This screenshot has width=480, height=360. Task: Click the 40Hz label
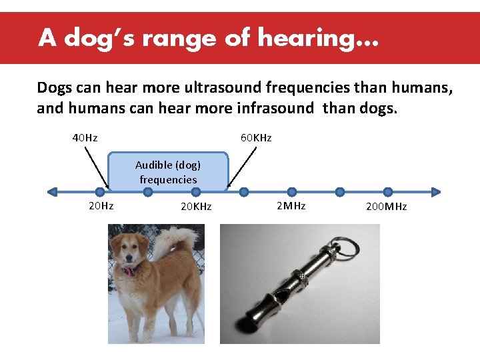[85, 138]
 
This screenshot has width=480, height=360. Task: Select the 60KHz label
[256, 138]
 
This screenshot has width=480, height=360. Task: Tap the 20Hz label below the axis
[101, 206]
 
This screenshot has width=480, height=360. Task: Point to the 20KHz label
[196, 207]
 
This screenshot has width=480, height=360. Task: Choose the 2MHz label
[291, 206]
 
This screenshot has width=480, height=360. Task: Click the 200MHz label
[386, 207]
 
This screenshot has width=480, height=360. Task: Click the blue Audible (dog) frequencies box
[168, 172]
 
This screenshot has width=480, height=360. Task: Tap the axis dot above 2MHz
[292, 192]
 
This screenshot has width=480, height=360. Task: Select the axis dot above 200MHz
[388, 192]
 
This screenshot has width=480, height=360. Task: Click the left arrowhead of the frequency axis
[53, 192]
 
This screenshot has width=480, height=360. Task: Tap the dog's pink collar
[127, 270]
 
